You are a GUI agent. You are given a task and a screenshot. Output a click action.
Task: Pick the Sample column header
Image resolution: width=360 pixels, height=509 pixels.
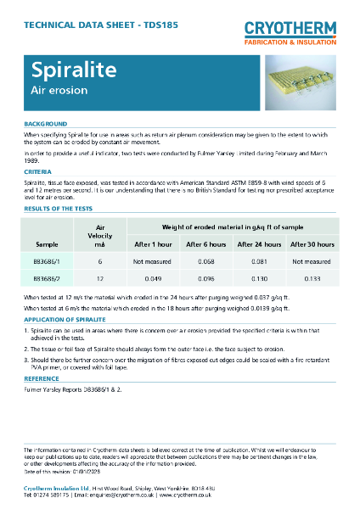47,243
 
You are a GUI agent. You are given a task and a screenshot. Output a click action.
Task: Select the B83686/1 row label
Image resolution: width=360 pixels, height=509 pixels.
47,262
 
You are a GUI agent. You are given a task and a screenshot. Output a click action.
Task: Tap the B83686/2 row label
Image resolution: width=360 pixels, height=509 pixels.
47,277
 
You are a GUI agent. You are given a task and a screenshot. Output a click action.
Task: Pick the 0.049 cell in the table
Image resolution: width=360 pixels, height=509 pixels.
154,277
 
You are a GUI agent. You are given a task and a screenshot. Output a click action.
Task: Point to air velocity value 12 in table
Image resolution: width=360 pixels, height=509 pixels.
100,277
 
